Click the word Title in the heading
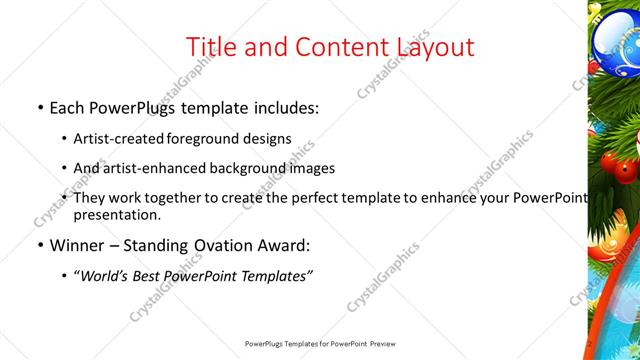click(x=214, y=46)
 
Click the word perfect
click(x=334, y=198)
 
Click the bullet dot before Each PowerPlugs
click(x=37, y=107)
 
